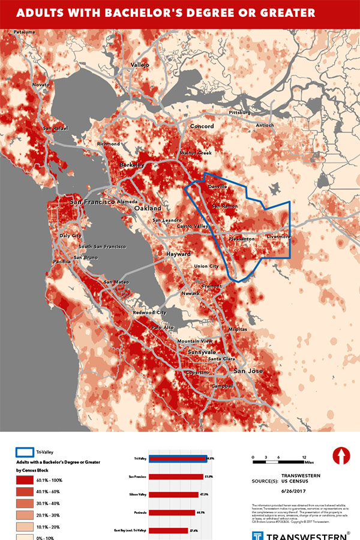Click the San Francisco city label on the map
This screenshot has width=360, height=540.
pyautogui.click(x=92, y=202)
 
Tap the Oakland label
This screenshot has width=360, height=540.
pyautogui.click(x=148, y=208)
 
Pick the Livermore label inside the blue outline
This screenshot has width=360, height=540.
pyautogui.click(x=278, y=236)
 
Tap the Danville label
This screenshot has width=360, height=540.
pyautogui.click(x=217, y=187)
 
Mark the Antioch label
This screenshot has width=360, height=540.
pyautogui.click(x=265, y=125)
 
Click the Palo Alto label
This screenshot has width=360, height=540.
pyautogui.click(x=163, y=328)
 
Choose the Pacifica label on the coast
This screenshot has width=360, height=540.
pyautogui.click(x=62, y=262)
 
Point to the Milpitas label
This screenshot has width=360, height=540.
pyautogui.click(x=237, y=330)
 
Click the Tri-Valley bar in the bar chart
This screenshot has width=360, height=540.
pyautogui.click(x=178, y=458)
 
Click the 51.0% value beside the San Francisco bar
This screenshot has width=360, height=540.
pyautogui.click(x=208, y=476)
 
